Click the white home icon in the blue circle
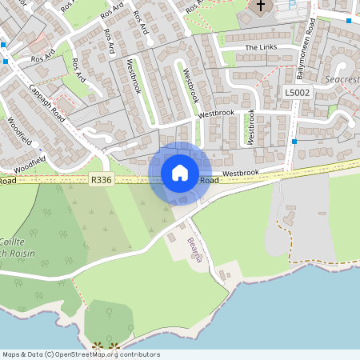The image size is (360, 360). (180, 172)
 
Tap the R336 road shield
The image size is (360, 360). (101, 181)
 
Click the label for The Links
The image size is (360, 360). (260, 48)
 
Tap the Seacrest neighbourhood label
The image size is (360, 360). (343, 79)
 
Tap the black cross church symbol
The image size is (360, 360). (260, 7)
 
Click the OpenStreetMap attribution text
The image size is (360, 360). (81, 354)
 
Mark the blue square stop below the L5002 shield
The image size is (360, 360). (294, 141)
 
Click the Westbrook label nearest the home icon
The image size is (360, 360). (241, 173)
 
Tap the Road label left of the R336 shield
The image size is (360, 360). (7, 182)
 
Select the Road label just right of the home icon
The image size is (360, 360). (209, 181)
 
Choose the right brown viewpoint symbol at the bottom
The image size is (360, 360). (114, 346)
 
